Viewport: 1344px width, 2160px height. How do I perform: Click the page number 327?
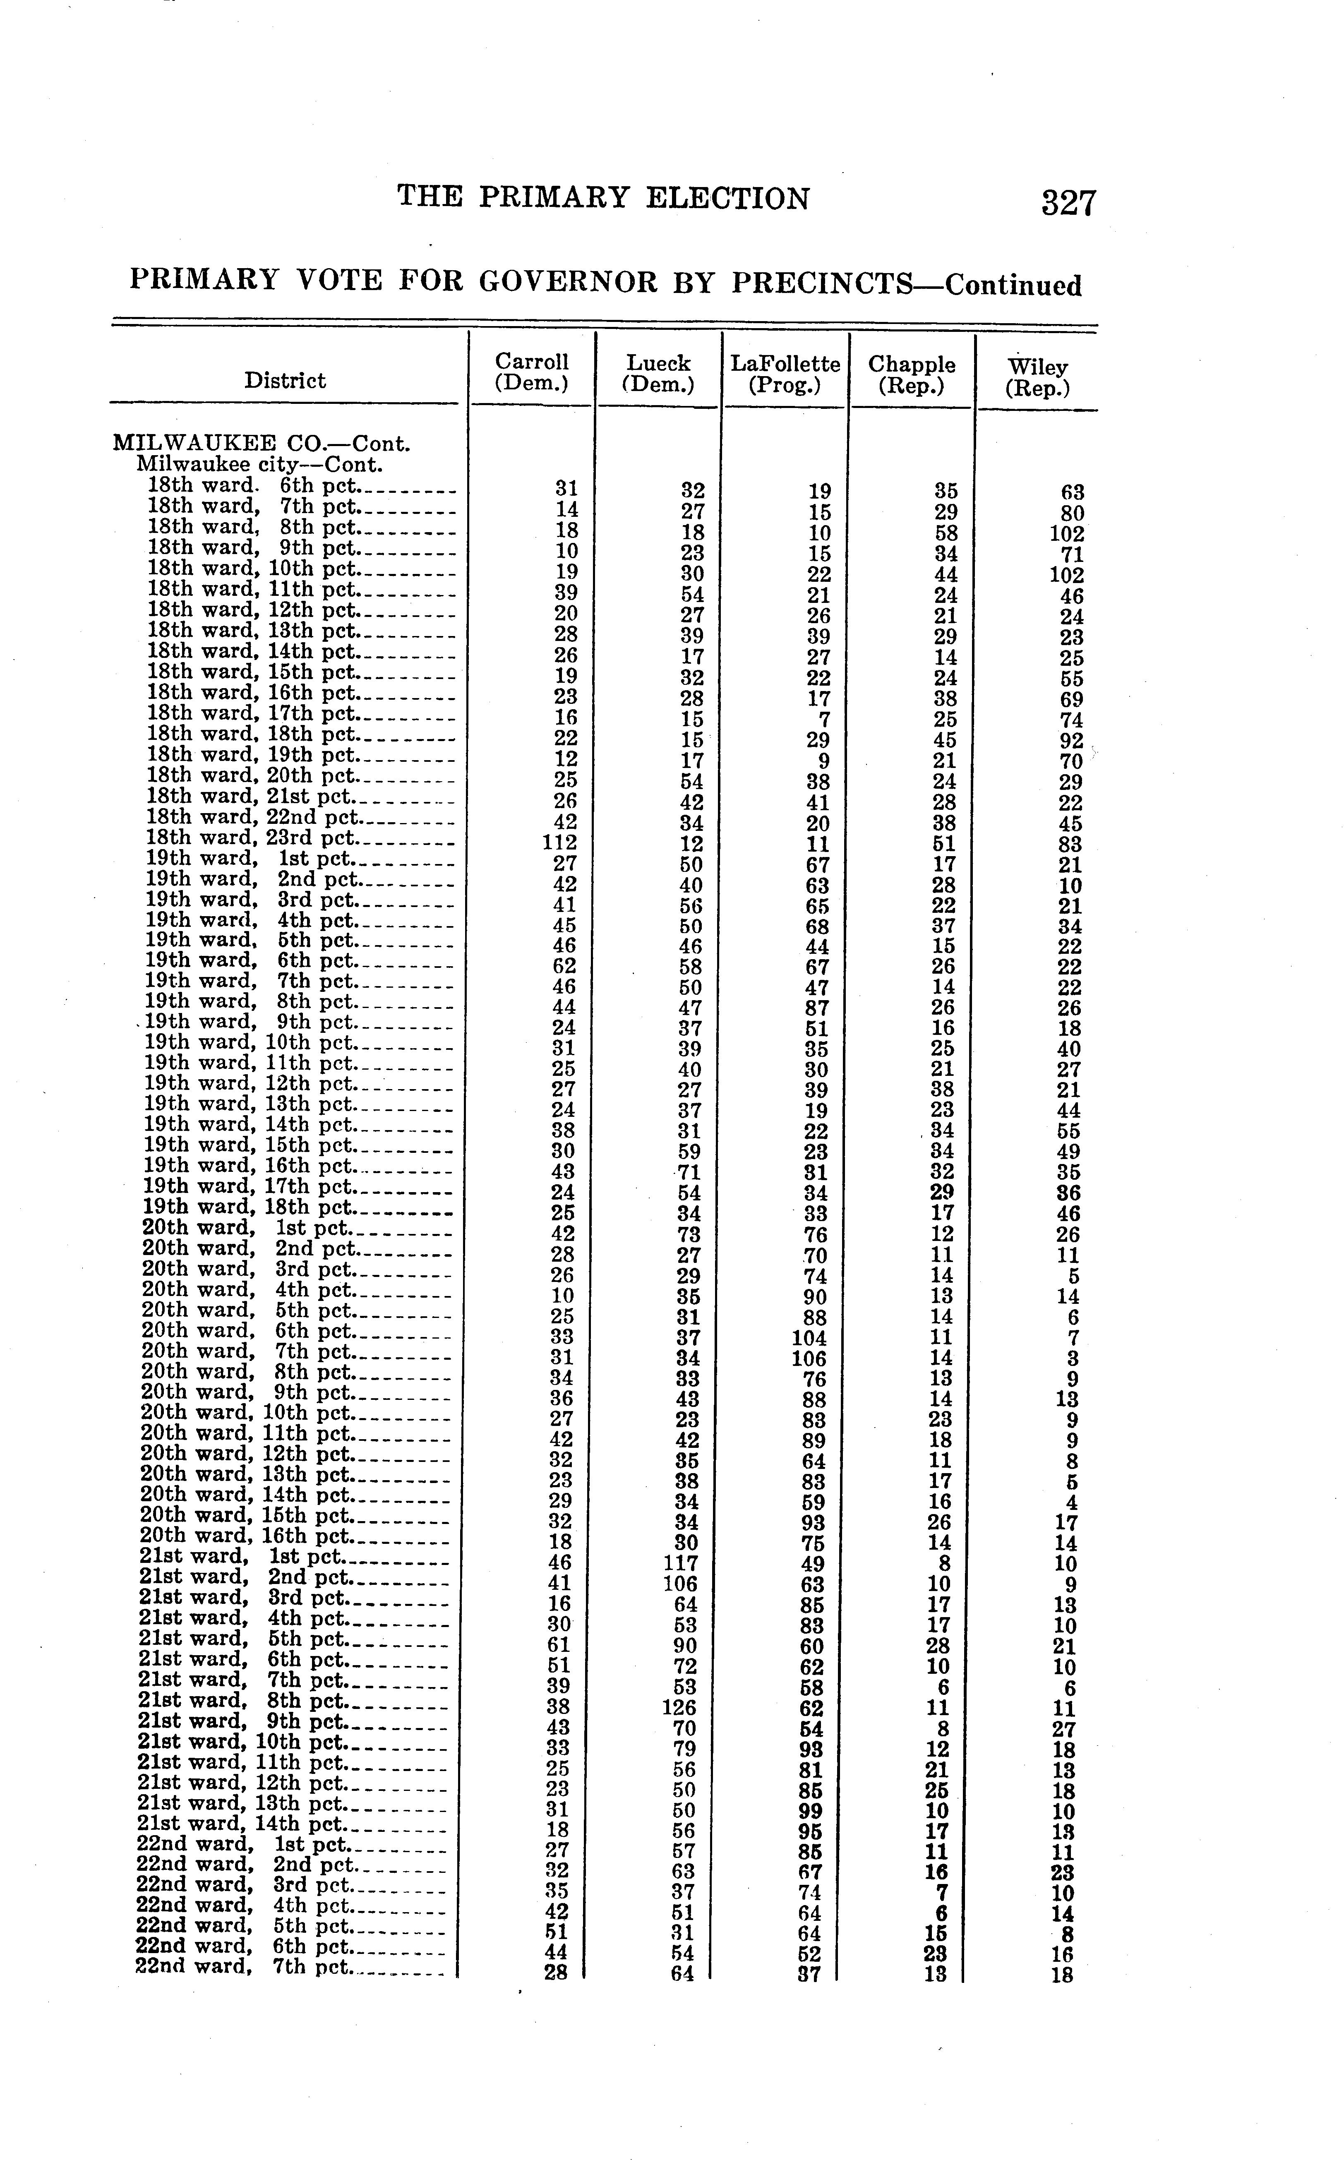1069,204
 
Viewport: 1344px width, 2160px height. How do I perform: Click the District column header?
286,380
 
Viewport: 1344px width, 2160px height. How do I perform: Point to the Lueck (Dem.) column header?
658,373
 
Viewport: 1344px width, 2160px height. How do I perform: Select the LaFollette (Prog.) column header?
785,374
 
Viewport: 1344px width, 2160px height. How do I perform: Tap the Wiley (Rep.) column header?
1037,377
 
